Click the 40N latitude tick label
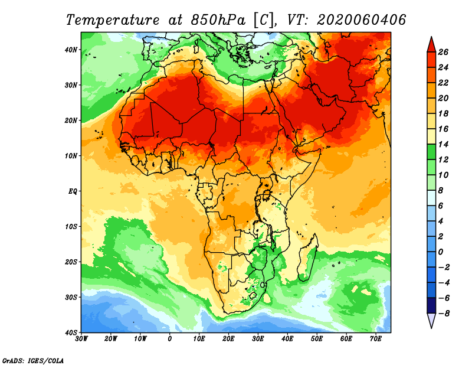pyautogui.click(x=71, y=50)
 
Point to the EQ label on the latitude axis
pyautogui.click(x=72, y=191)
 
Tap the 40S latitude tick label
pyautogui.click(x=71, y=333)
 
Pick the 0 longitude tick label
pyautogui.click(x=170, y=339)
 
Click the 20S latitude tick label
pyautogui.click(x=71, y=262)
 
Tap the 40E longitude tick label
pyautogui.click(x=287, y=339)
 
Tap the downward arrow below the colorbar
pyautogui.click(x=431, y=321)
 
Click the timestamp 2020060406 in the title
pyautogui.click(x=361, y=19)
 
